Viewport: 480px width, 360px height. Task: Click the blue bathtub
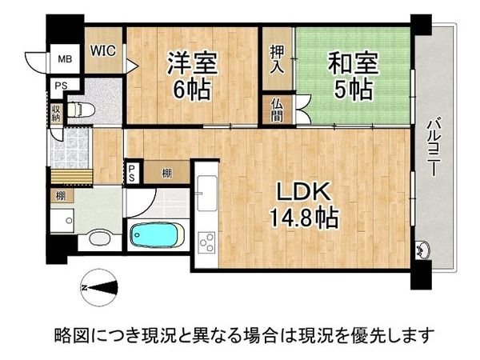(x=157, y=237)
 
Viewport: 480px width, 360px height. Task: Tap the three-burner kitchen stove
(x=205, y=241)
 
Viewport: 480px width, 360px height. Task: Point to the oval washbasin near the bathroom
(x=100, y=238)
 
